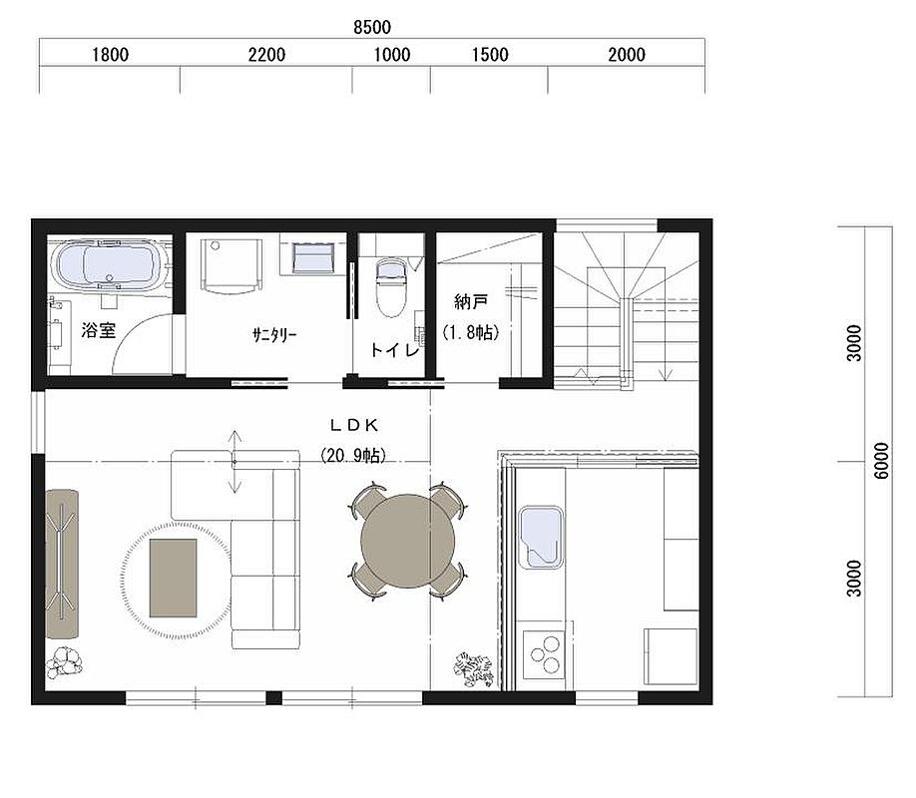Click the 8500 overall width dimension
(372, 27)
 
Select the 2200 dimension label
(266, 55)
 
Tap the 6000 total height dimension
(882, 461)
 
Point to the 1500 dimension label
(490, 55)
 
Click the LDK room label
(354, 425)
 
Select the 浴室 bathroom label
(98, 330)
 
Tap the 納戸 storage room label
(471, 302)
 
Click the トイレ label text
(395, 349)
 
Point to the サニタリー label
(274, 335)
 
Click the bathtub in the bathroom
(110, 264)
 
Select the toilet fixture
(391, 287)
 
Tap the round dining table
(408, 541)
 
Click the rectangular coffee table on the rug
(173, 578)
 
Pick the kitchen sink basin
(542, 538)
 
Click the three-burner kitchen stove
(544, 654)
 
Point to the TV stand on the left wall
(62, 564)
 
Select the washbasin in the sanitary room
(313, 257)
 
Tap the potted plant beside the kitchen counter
(474, 668)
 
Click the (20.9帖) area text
(353, 455)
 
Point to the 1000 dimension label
(391, 55)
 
